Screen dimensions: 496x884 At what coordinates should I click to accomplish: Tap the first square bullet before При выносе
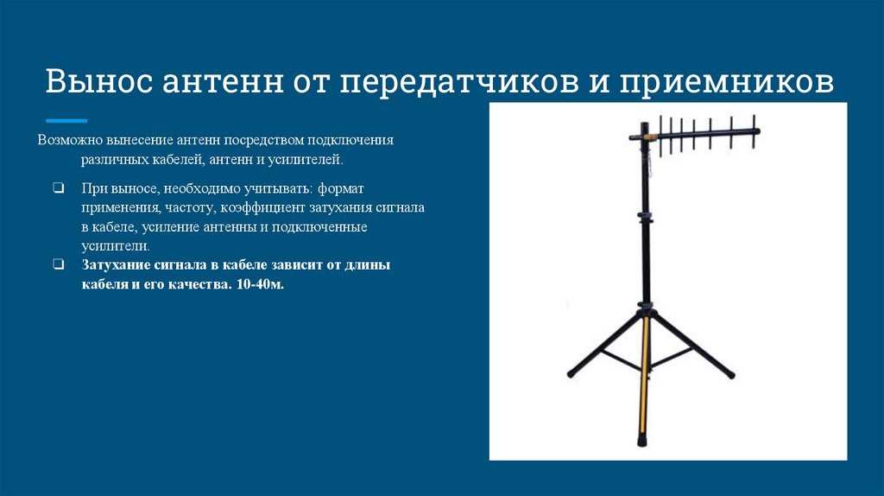57,188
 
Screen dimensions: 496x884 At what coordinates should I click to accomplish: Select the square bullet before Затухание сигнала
57,265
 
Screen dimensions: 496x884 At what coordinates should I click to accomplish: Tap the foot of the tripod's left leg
571,374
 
